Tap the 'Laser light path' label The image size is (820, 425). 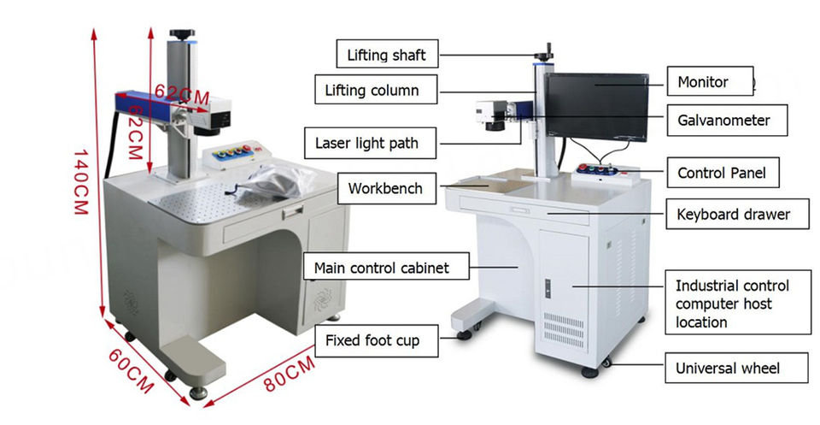pos(366,143)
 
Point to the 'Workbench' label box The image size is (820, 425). pos(385,188)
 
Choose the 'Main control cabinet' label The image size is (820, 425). pos(380,268)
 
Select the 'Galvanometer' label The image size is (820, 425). pos(723,121)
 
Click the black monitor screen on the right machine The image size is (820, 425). pos(596,106)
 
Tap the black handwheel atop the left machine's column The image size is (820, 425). pos(182,34)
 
